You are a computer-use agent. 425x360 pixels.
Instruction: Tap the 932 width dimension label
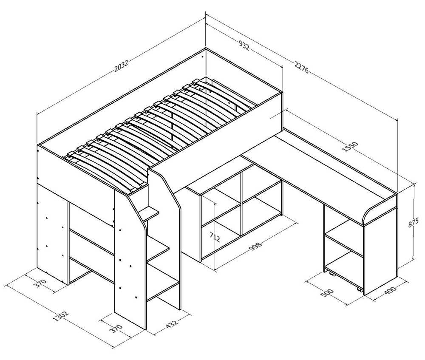[244, 45]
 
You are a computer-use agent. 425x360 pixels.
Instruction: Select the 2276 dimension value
[301, 68]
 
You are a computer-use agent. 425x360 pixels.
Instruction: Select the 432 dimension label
[172, 324]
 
